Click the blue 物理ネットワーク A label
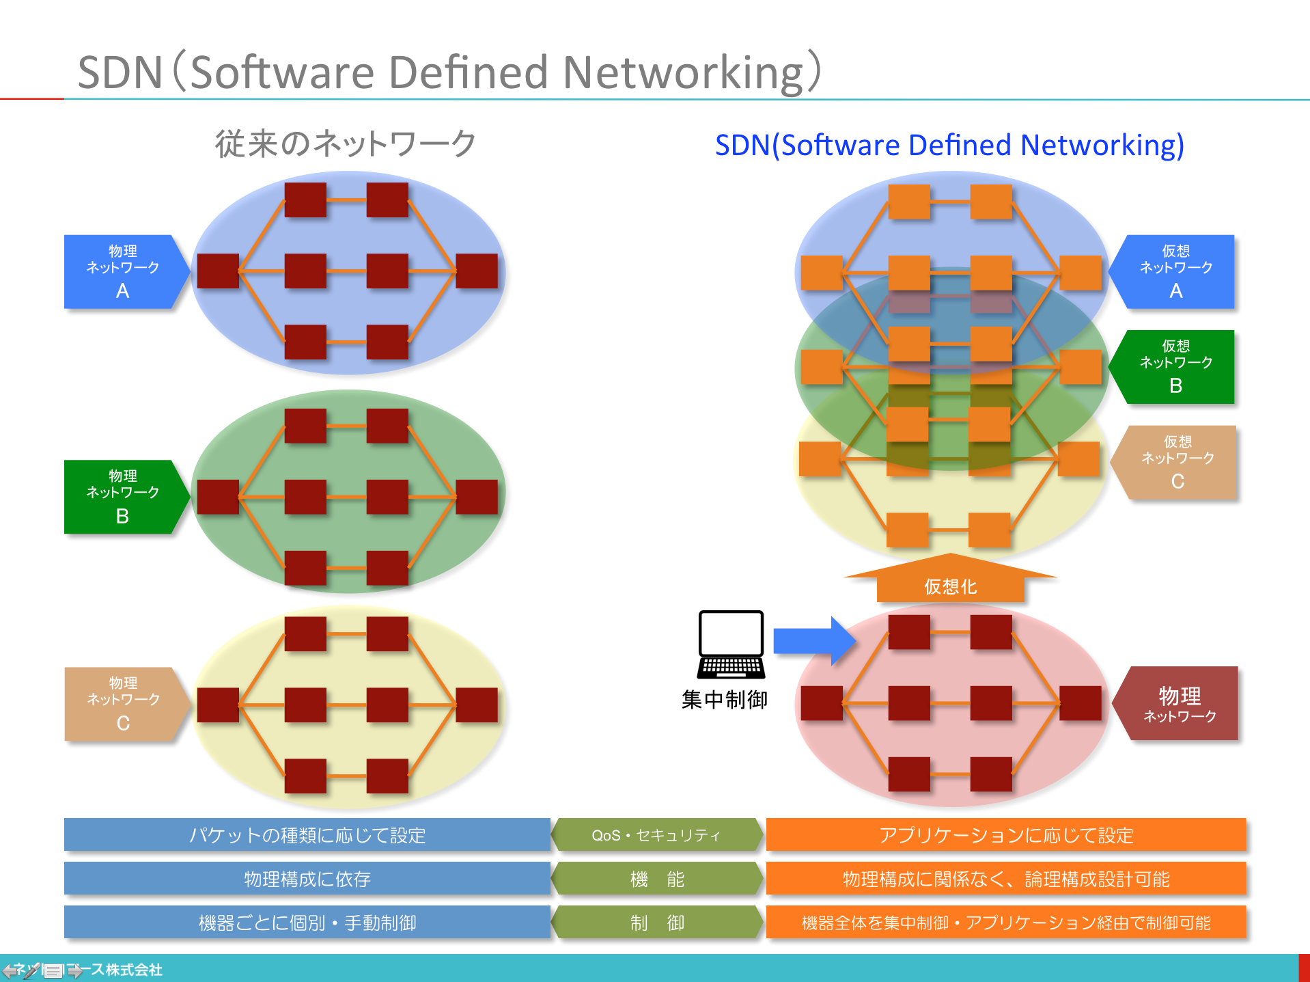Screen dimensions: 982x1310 123,271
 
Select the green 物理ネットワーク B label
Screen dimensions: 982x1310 123,497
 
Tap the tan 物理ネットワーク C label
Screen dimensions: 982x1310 123,704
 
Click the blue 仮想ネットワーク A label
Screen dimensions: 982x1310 1175,271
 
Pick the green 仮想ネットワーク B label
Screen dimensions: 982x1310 1175,367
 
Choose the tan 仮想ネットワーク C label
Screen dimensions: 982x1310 1176,463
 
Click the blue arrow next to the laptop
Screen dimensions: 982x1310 813,641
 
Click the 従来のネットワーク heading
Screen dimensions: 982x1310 346,144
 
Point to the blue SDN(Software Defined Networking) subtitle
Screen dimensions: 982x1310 949,145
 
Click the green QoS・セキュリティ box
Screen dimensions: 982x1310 656,835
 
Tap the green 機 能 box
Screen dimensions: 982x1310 656,879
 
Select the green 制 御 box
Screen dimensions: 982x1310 656,923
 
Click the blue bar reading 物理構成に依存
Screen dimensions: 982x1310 307,879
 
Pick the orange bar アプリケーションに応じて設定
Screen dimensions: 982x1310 1006,835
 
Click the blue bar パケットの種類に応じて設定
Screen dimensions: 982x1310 307,835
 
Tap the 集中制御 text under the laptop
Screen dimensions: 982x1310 725,700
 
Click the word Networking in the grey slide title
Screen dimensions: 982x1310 683,72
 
